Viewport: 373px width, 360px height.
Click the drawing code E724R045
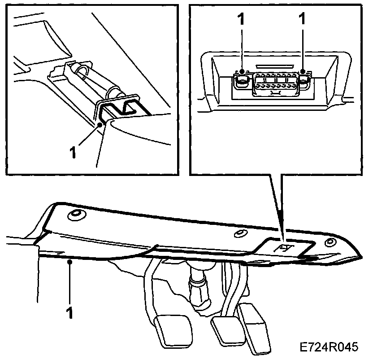330,347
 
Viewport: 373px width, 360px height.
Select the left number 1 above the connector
242,19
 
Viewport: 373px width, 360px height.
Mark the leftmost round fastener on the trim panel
75,215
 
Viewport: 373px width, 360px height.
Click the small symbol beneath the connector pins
273,92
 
